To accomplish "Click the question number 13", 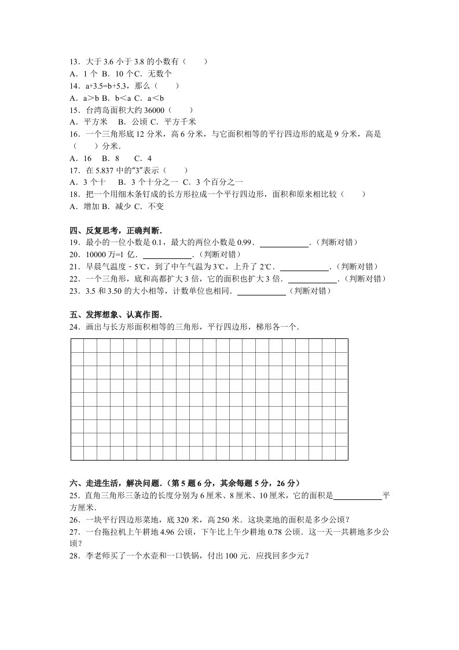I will [74, 61].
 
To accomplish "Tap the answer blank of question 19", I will [284, 243].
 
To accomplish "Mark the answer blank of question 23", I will [262, 291].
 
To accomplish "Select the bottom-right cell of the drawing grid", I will [342, 454].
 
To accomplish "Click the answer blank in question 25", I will [358, 496].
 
